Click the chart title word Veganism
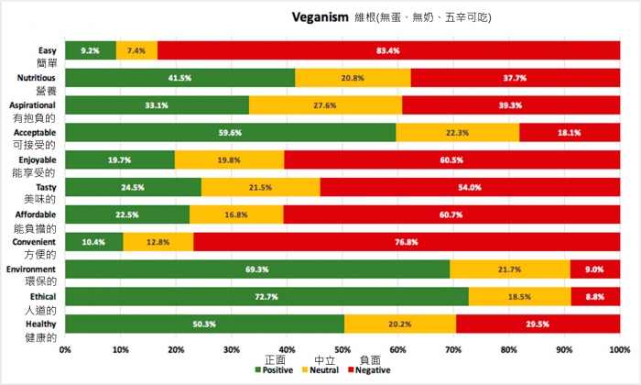[x=320, y=16]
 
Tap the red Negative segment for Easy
[x=387, y=50]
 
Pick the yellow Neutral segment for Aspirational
[x=325, y=105]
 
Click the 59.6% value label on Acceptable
[x=230, y=133]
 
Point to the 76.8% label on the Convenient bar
[x=406, y=242]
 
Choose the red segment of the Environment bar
[x=594, y=269]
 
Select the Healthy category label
[x=40, y=324]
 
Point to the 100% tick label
[x=619, y=351]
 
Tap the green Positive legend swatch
[x=258, y=370]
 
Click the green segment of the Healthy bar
[x=205, y=324]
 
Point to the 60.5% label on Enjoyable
[x=451, y=160]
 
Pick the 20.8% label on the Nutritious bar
[x=353, y=78]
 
